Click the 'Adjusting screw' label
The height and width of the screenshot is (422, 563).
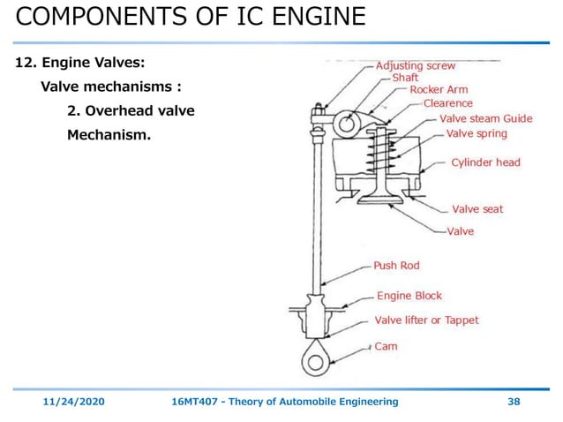point(417,66)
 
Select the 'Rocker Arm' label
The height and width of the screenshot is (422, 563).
point(439,90)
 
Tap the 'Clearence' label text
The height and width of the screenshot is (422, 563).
point(447,103)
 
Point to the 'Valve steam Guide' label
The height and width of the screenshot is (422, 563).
point(485,118)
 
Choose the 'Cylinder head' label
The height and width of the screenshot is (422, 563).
point(485,162)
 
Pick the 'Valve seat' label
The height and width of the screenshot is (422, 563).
point(477,209)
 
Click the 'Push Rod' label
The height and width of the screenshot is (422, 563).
point(396,265)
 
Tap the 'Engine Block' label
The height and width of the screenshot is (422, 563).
point(409,296)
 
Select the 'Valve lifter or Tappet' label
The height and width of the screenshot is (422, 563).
point(426,320)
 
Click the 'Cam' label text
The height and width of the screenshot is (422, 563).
point(386,346)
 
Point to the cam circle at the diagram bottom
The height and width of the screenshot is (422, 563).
point(315,360)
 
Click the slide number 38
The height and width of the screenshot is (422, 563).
point(513,402)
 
